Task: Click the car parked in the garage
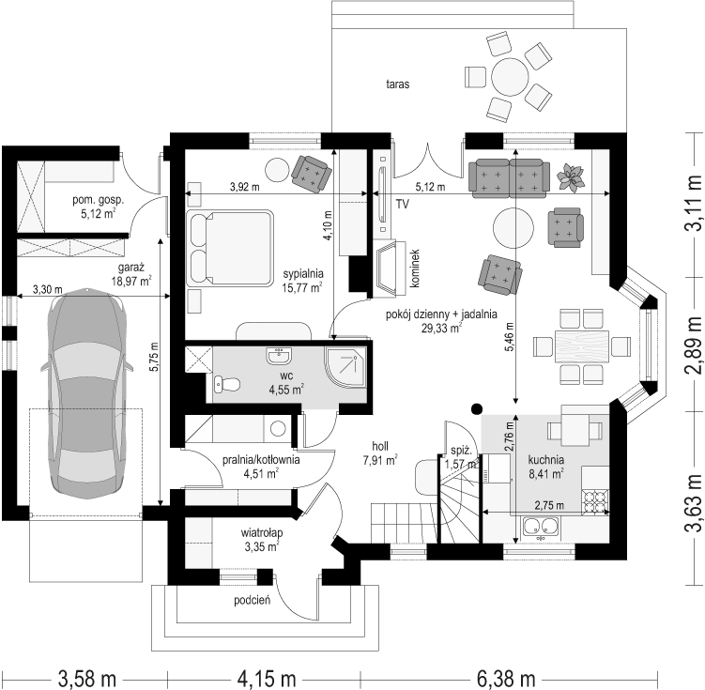(x=86, y=392)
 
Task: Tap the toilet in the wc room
(x=227, y=384)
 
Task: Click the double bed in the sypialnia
(x=230, y=248)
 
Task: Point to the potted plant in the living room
(x=571, y=176)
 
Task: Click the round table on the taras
(x=510, y=77)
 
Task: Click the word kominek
(x=414, y=268)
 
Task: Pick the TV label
(x=403, y=205)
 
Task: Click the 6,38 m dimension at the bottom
(x=506, y=678)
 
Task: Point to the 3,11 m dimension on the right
(x=693, y=203)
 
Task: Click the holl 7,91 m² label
(x=380, y=453)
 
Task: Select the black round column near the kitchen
(x=477, y=408)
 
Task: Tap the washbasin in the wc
(x=279, y=356)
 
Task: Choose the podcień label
(x=252, y=600)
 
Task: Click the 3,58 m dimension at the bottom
(x=86, y=678)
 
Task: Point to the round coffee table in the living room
(x=513, y=228)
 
